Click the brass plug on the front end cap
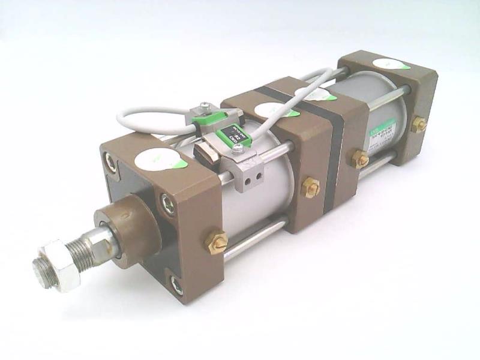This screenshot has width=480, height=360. pyautogui.click(x=217, y=242)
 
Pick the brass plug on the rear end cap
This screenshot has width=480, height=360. pyautogui.click(x=418, y=125)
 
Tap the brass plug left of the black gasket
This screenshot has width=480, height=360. pyautogui.click(x=310, y=187)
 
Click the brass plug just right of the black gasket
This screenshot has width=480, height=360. pyautogui.click(x=360, y=159)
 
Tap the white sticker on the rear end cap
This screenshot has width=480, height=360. pyautogui.click(x=388, y=63)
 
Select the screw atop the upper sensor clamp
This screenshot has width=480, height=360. pyautogui.click(x=206, y=106)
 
